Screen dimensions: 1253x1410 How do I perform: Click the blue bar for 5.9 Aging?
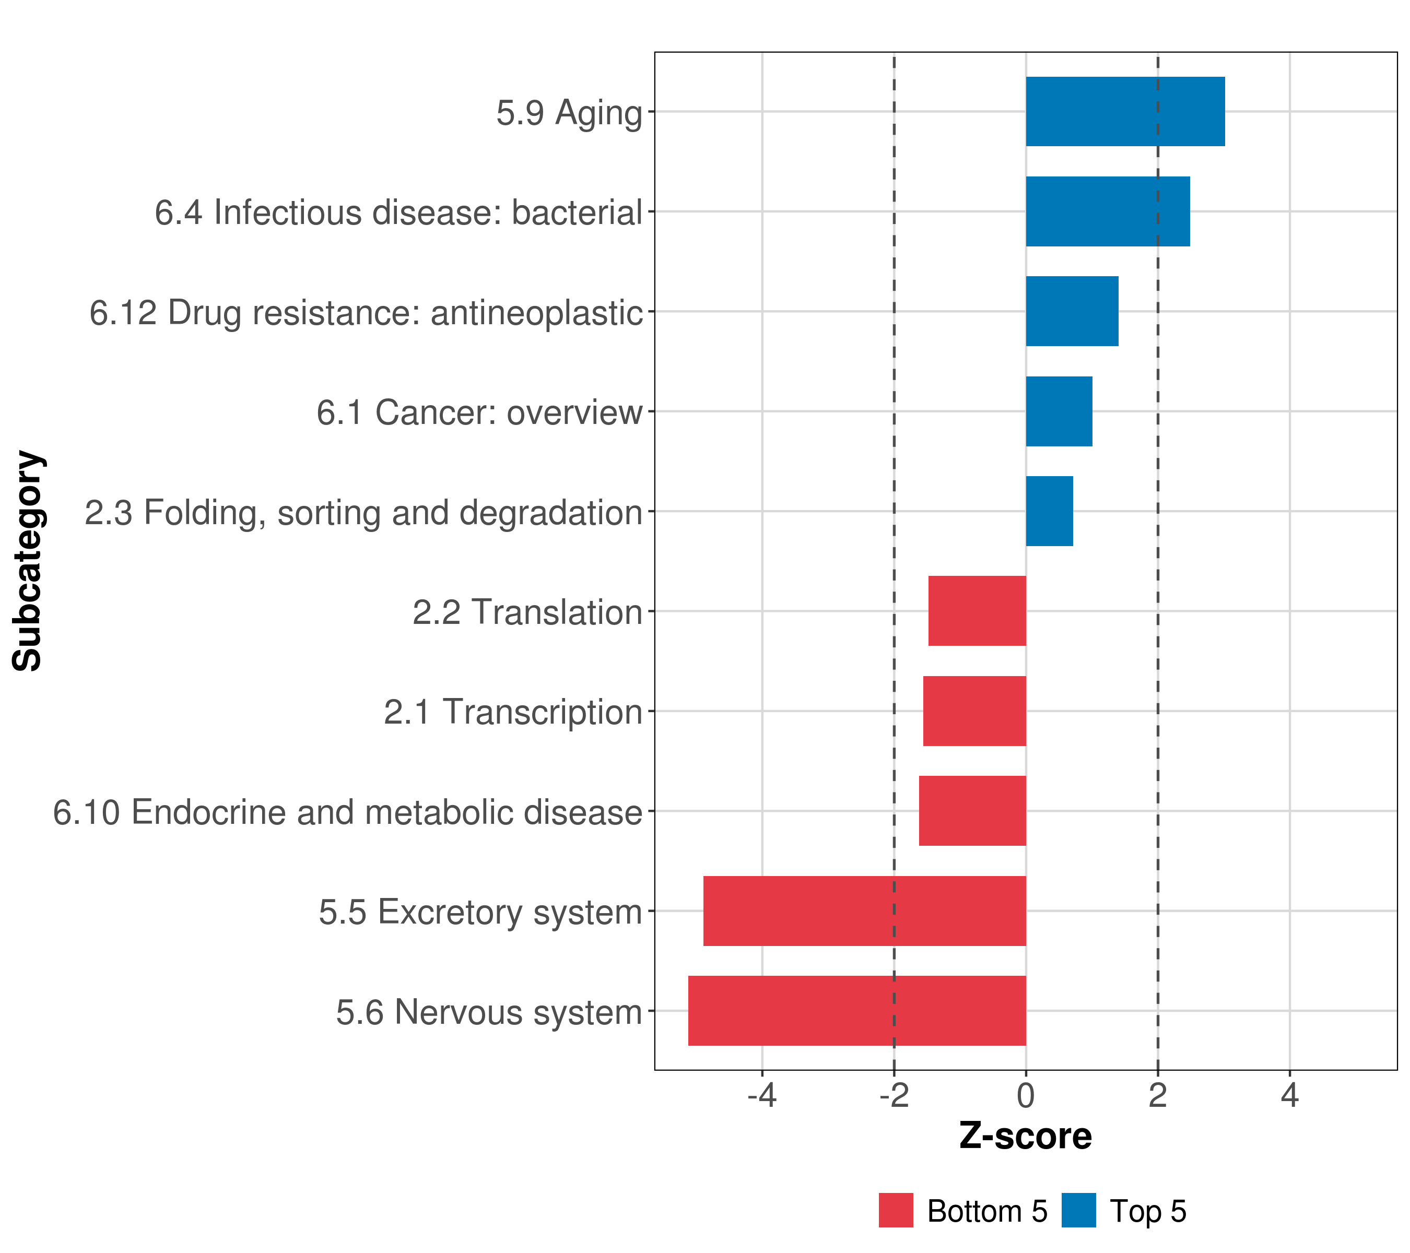[x=1124, y=112]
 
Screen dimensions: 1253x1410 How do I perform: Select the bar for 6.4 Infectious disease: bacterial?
[x=1107, y=212]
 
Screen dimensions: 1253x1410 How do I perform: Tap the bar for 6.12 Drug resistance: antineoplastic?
[x=1071, y=311]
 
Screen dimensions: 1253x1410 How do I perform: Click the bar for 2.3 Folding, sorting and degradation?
[x=1049, y=511]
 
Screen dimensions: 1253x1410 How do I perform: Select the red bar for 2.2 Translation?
[x=977, y=611]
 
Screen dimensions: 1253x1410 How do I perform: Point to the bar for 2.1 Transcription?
[x=974, y=711]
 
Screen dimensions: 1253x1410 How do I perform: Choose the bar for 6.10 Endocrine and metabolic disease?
[x=972, y=811]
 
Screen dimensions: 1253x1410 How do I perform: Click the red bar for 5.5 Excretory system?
[x=864, y=911]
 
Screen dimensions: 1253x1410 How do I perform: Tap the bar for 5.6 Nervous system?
[x=857, y=1011]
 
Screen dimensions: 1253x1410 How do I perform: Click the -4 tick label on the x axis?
[x=761, y=1096]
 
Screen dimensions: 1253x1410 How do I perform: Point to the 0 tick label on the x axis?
[x=1026, y=1096]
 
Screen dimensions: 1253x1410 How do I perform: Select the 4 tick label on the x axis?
[x=1289, y=1096]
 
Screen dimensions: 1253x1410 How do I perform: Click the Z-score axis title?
[x=1025, y=1137]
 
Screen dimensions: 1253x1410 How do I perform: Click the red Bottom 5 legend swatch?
[x=896, y=1211]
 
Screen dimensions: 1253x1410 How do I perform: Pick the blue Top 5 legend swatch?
[x=1078, y=1211]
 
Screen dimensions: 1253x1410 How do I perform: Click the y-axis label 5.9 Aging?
[x=569, y=113]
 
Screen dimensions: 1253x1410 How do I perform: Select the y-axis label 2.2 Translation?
[x=527, y=612]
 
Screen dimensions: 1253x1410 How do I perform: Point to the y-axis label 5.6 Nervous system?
[x=489, y=1012]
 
